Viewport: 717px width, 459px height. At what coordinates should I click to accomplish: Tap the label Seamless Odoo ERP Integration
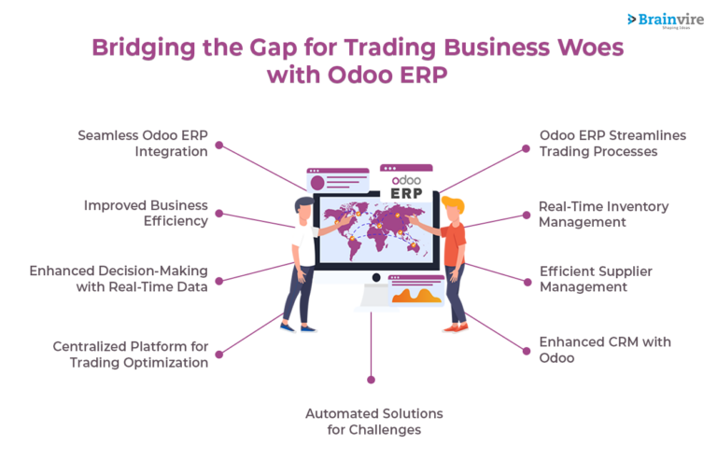[x=142, y=143]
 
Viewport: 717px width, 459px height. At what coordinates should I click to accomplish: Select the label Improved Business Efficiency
[x=146, y=213]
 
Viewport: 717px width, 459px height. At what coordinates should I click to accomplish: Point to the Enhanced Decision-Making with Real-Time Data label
[x=119, y=278]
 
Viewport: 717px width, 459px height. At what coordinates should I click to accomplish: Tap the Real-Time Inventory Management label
[x=603, y=214]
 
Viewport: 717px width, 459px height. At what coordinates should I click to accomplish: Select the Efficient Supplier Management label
[x=596, y=278]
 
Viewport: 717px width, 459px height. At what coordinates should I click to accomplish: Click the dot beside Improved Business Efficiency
[x=218, y=214]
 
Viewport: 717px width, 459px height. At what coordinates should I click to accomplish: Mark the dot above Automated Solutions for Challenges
[x=371, y=380]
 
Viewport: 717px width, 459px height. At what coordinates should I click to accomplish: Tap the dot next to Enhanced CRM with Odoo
[x=523, y=350]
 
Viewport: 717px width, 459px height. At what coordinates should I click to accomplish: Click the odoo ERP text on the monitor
[x=407, y=186]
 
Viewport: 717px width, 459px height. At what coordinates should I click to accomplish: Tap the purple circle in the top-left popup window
[x=317, y=182]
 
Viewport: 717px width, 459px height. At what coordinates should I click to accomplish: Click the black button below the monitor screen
[x=374, y=277]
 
